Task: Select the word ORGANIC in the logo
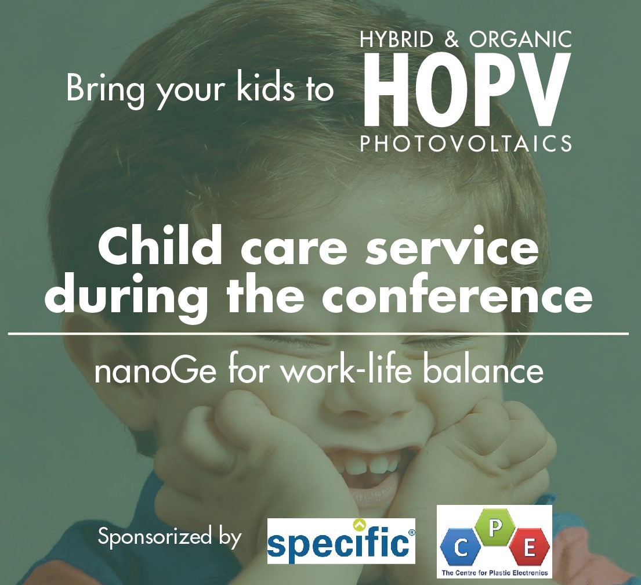pos(520,39)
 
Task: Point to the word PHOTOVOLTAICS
pos(466,143)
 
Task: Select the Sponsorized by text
pos(169,537)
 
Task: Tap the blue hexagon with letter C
pos(461,548)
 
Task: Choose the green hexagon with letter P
pos(495,529)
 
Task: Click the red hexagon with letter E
pos(529,548)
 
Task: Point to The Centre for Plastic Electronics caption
pos(495,572)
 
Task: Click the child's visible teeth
pos(366,467)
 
